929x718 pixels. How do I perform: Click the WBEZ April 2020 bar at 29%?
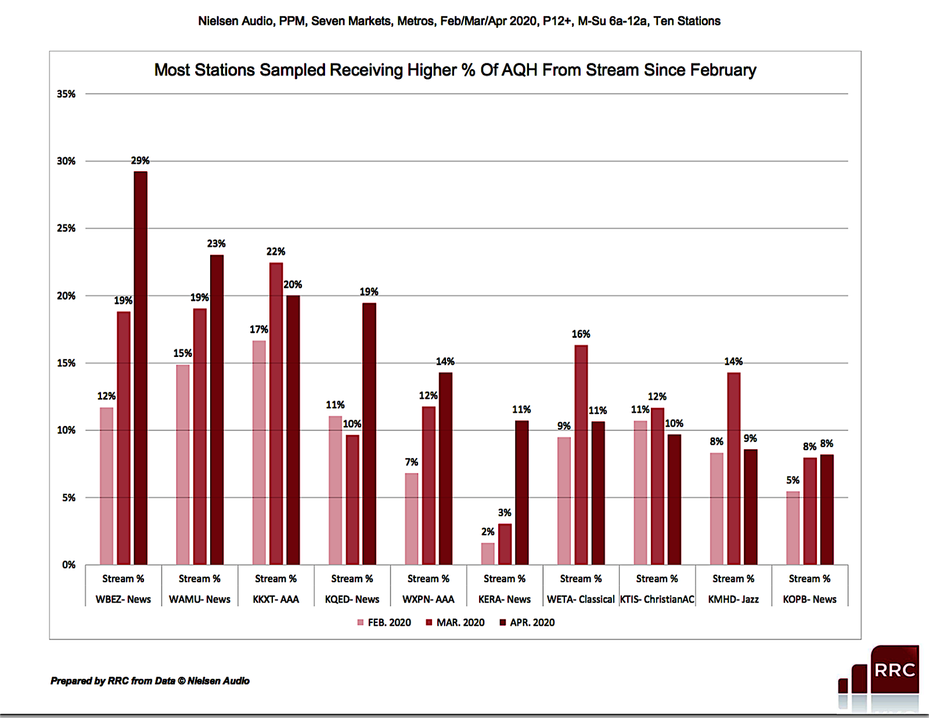(141, 368)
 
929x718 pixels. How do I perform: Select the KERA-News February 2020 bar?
(488, 554)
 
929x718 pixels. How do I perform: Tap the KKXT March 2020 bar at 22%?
(276, 413)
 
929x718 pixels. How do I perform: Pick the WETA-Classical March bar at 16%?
(581, 454)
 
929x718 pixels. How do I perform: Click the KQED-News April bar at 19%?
(369, 434)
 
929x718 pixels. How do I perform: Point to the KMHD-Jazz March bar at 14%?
(733, 468)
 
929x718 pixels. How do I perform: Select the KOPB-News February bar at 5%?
(793, 528)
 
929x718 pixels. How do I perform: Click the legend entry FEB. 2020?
(384, 622)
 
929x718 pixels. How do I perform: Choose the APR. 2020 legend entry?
(527, 622)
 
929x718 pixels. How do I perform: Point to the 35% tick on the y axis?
(66, 94)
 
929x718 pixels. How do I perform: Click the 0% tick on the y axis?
(69, 565)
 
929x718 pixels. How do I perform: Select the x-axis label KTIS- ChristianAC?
(657, 599)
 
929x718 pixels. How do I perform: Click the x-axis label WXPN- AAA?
(428, 599)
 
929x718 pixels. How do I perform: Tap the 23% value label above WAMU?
(216, 243)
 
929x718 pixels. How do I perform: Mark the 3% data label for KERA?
(505, 513)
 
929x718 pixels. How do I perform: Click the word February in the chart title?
(722, 70)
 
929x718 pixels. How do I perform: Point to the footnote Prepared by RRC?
(150, 681)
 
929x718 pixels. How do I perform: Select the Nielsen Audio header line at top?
(459, 21)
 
